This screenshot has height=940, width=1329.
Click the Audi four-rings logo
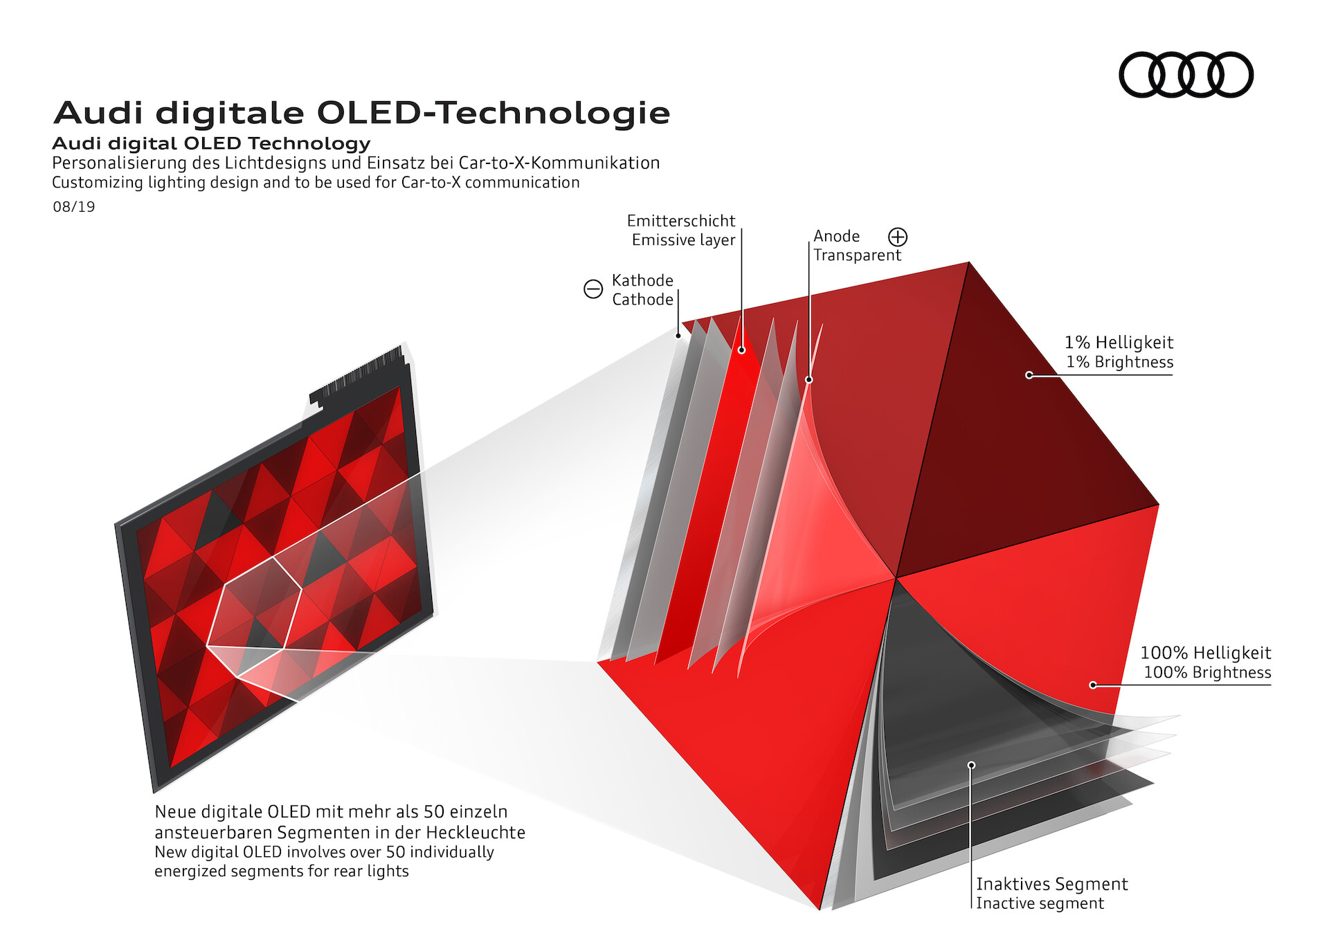(x=1186, y=75)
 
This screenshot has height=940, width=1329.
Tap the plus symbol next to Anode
(x=898, y=237)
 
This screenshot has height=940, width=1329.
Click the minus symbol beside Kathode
(x=593, y=289)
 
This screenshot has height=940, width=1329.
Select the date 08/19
(x=74, y=207)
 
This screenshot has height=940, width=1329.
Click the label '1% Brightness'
(x=1119, y=362)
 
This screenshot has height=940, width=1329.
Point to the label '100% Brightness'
(x=1207, y=672)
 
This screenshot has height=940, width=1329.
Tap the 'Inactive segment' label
(x=1040, y=903)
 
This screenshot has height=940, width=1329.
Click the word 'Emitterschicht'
(x=681, y=221)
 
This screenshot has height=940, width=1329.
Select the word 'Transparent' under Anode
(x=857, y=255)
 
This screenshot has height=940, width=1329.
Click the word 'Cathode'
(x=642, y=299)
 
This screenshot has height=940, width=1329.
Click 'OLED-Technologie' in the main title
(x=494, y=113)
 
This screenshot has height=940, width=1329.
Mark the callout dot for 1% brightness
(x=1029, y=375)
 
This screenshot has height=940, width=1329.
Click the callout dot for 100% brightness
(x=1093, y=685)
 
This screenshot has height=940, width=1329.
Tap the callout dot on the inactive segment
(x=971, y=765)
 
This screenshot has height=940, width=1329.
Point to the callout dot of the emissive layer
(x=741, y=350)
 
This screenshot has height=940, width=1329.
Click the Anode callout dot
(x=808, y=379)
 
